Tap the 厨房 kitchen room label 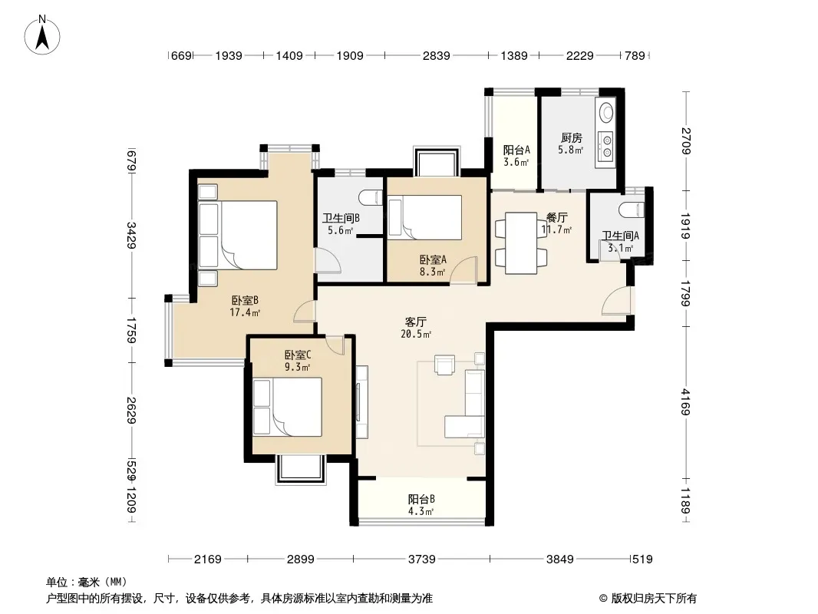pyautogui.click(x=571, y=137)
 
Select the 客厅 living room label pyautogui.click(x=415, y=322)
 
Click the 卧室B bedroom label pyautogui.click(x=245, y=301)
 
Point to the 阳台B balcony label pyautogui.click(x=421, y=499)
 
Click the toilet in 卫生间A pyautogui.click(x=632, y=210)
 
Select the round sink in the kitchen pyautogui.click(x=606, y=111)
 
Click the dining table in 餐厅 pyautogui.click(x=521, y=243)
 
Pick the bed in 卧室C pyautogui.click(x=288, y=407)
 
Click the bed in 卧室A pyautogui.click(x=425, y=217)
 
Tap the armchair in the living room pyautogui.click(x=444, y=365)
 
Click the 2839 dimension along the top pyautogui.click(x=436, y=55)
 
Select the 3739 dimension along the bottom pyautogui.click(x=421, y=560)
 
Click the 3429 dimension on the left pyautogui.click(x=131, y=236)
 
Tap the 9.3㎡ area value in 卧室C pyautogui.click(x=298, y=368)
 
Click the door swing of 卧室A pyautogui.click(x=464, y=271)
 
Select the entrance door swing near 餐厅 pyautogui.click(x=616, y=301)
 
